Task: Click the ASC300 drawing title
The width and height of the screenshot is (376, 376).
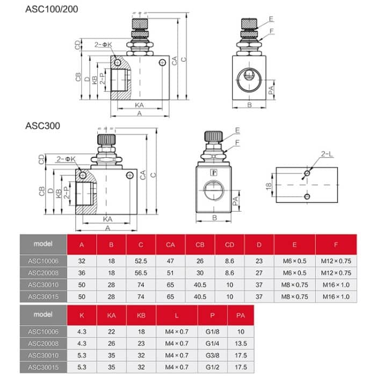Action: (42, 126)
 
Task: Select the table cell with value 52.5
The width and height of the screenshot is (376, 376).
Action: (141, 262)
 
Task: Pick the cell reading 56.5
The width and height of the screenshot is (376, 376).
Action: (141, 273)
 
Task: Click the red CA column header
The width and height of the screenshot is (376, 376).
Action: (170, 245)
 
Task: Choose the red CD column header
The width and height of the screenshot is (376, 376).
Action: (229, 245)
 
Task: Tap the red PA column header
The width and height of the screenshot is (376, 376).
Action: (240, 315)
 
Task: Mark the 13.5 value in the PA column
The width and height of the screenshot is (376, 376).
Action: (240, 344)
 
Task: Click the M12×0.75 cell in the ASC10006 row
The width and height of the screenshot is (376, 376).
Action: (336, 262)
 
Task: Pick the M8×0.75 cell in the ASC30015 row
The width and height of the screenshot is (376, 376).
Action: (294, 296)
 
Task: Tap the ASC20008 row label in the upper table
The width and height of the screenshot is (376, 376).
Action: (42, 273)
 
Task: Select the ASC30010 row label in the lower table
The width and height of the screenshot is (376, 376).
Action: (42, 356)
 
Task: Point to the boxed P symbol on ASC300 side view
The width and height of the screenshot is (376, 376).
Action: (213, 173)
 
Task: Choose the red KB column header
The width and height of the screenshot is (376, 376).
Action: (141, 315)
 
